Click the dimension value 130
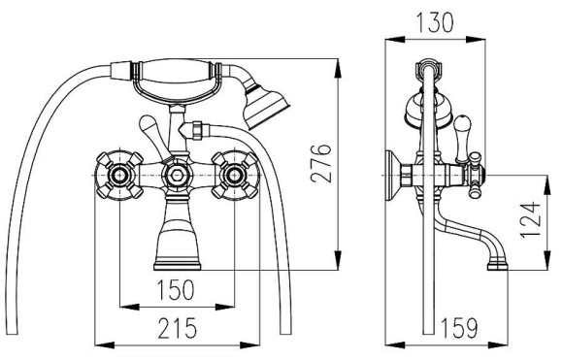click(x=435, y=22)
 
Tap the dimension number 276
click(x=321, y=164)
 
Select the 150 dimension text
click(x=176, y=290)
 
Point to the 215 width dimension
click(x=178, y=328)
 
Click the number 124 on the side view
click(x=531, y=219)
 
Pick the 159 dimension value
click(x=459, y=328)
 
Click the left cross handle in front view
click(x=119, y=176)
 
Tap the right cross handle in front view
click(x=235, y=176)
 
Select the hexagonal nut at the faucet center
click(x=177, y=176)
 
